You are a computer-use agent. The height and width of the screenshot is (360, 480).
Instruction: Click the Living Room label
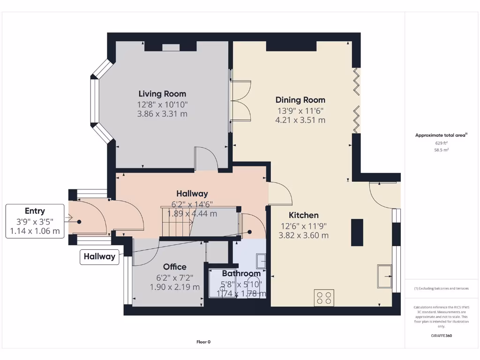(162, 94)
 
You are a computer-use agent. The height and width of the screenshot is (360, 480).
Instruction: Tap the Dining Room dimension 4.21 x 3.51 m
(300, 120)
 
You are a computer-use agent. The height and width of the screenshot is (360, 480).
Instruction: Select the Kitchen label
(303, 215)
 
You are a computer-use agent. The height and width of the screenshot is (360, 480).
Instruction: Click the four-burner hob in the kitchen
(324, 298)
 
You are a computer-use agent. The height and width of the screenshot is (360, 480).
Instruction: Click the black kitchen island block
(357, 232)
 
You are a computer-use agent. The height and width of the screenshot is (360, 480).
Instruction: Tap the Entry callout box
(35, 221)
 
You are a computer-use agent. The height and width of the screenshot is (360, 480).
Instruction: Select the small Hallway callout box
(99, 256)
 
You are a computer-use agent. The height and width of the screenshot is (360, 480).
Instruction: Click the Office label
(174, 267)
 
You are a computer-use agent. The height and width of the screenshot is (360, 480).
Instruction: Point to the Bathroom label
(241, 273)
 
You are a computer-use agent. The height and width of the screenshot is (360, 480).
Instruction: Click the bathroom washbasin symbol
(261, 261)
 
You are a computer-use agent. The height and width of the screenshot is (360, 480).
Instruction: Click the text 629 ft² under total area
(441, 143)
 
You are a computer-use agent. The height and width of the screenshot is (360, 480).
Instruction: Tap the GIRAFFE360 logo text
(441, 336)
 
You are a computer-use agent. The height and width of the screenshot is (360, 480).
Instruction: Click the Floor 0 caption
(203, 342)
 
